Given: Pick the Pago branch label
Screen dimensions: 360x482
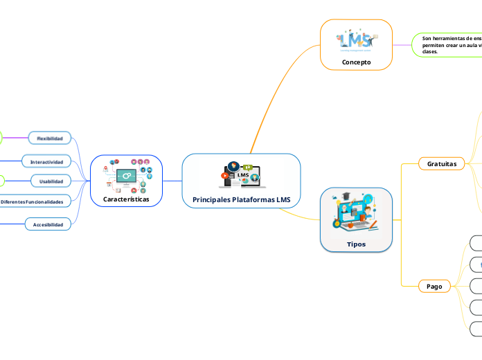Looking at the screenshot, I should point(434,286).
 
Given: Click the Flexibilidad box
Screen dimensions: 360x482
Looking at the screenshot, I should point(50,138).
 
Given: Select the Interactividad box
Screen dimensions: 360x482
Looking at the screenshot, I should point(46,162).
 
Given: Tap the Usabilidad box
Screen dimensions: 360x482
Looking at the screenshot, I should point(50,181).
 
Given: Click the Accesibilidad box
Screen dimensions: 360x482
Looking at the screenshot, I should point(48,225).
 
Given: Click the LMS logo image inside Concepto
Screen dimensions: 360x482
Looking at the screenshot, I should point(356,41).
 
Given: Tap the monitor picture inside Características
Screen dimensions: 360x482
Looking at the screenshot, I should point(126,176).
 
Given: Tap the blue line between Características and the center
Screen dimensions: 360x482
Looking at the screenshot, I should point(172,181).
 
